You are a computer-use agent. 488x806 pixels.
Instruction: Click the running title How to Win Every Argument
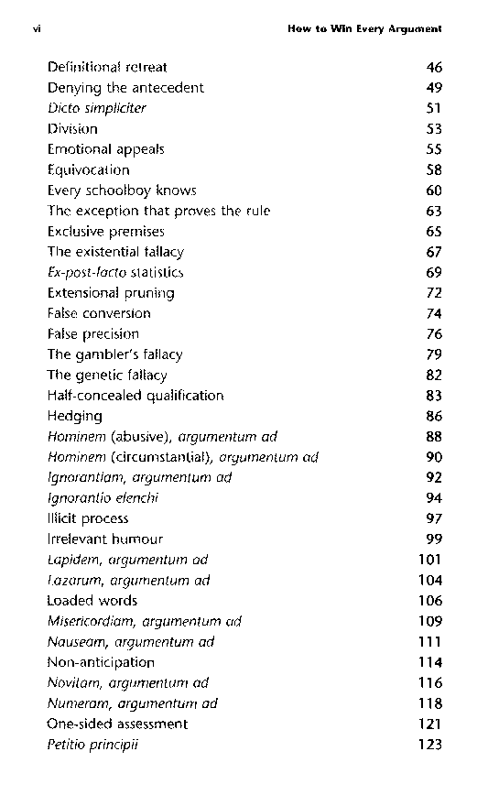click(364, 28)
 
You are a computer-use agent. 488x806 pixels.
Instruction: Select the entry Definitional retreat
click(107, 67)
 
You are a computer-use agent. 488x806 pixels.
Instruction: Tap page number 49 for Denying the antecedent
click(434, 88)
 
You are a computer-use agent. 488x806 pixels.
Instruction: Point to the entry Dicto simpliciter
click(96, 108)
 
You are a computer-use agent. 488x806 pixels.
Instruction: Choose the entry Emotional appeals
click(105, 149)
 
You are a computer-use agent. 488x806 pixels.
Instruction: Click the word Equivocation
click(89, 169)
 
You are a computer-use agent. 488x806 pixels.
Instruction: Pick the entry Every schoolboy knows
click(122, 191)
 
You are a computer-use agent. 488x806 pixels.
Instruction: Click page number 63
click(434, 211)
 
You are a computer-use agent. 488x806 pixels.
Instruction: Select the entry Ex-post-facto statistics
click(115, 272)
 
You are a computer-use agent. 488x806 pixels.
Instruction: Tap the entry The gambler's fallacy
click(114, 354)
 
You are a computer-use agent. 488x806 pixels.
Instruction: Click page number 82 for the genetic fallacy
click(434, 375)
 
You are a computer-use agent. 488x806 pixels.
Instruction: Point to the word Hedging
click(75, 416)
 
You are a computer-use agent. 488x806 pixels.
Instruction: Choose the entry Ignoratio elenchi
click(103, 498)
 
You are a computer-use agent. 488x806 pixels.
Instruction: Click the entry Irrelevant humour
click(104, 539)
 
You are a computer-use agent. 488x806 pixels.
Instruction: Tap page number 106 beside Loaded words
click(429, 601)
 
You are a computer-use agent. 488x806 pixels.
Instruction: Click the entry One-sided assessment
click(117, 724)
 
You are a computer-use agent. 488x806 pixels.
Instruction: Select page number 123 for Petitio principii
click(429, 745)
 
